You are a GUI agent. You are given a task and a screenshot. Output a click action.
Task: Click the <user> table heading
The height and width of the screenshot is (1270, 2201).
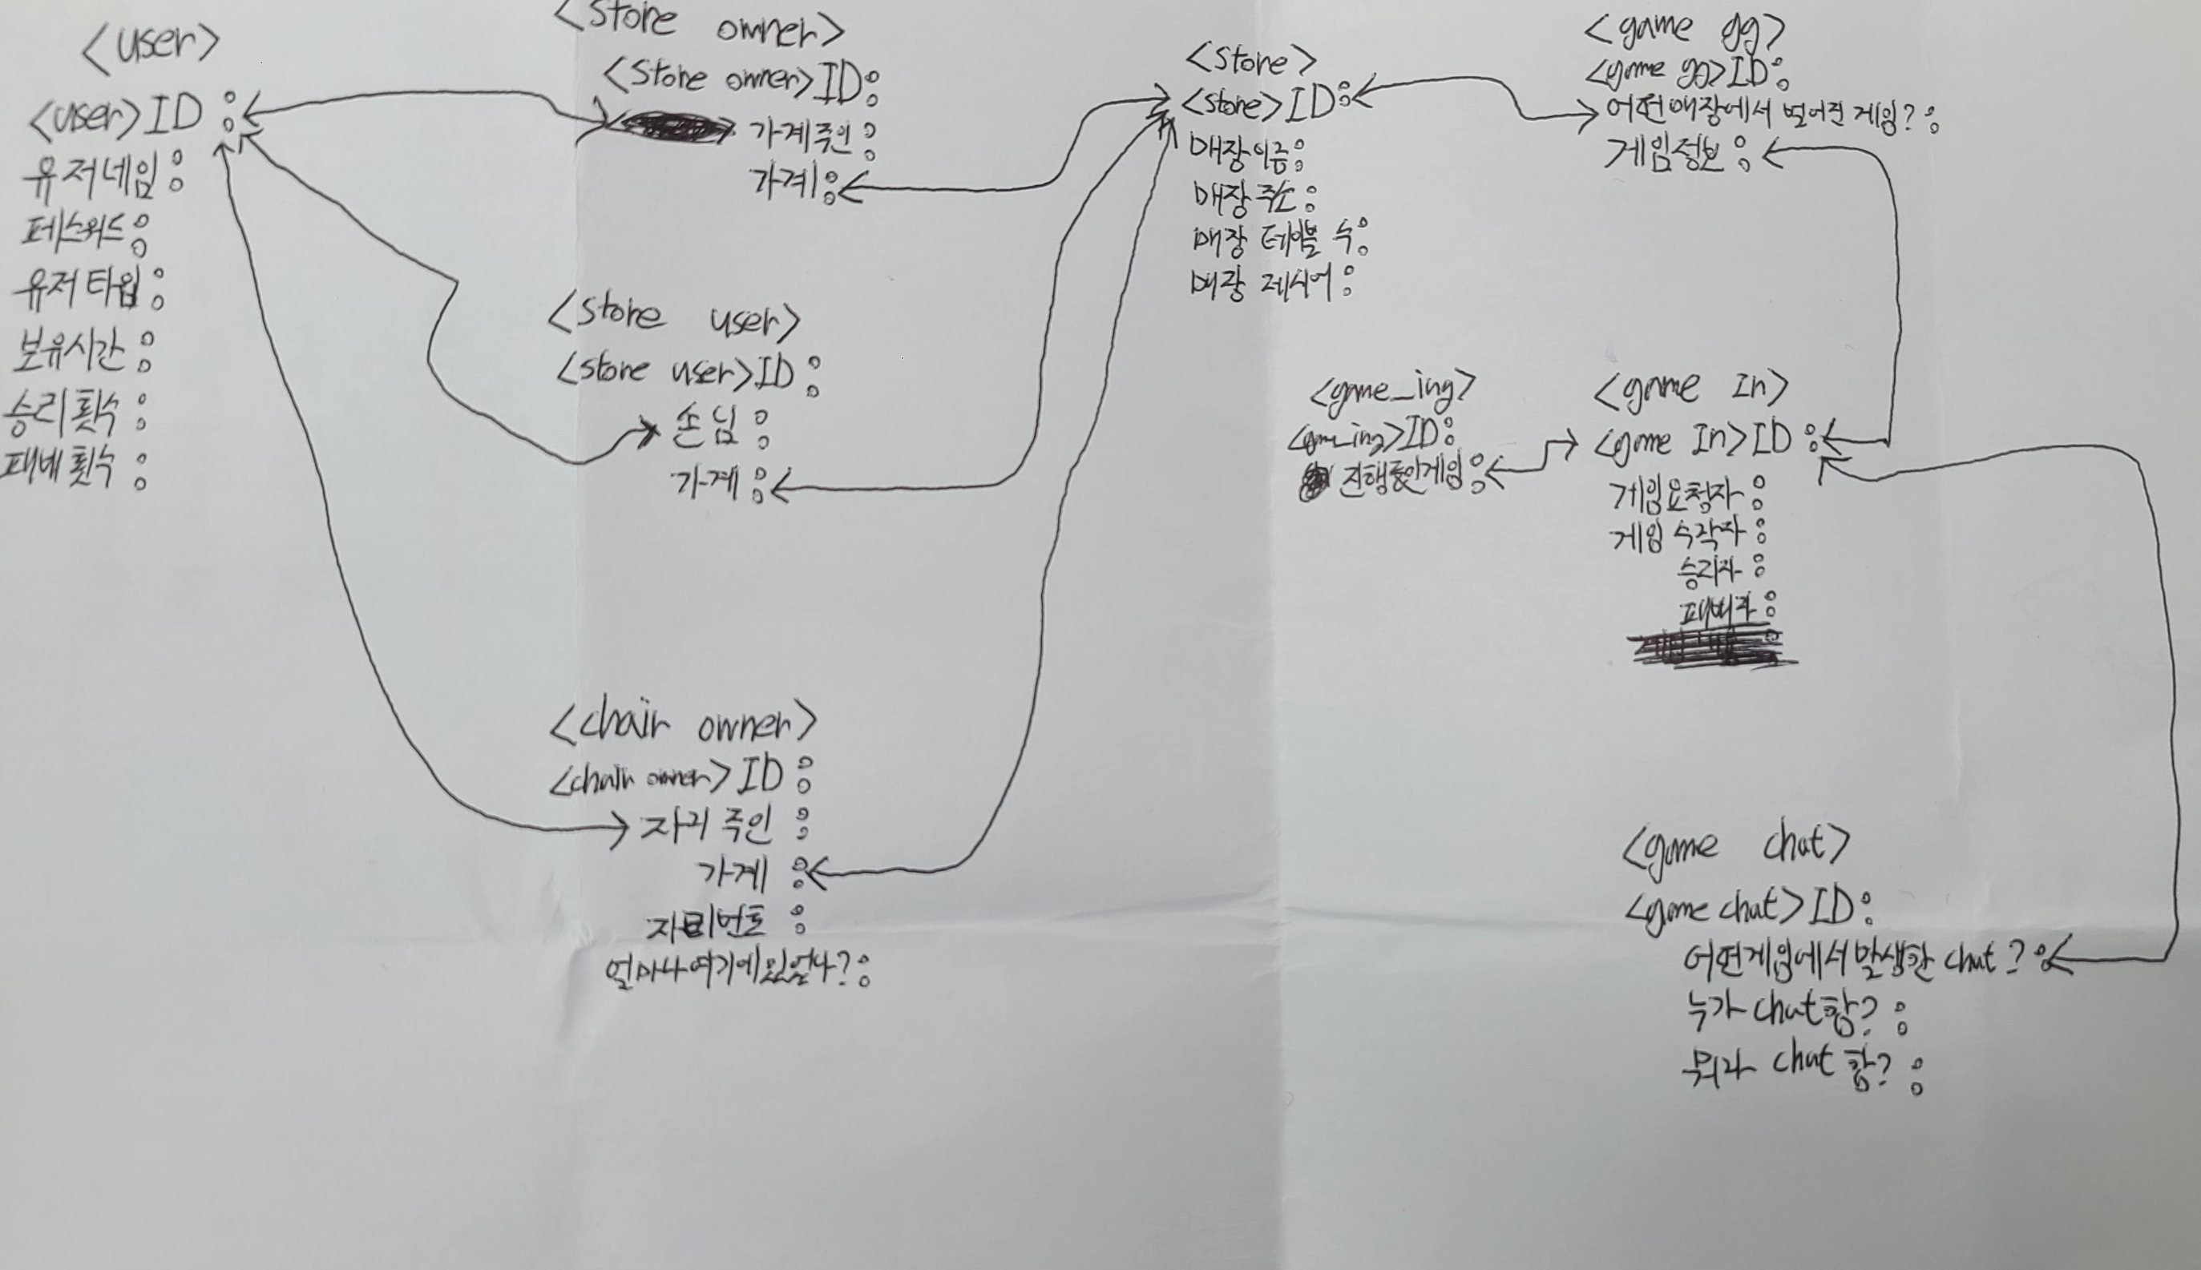tap(150, 43)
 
